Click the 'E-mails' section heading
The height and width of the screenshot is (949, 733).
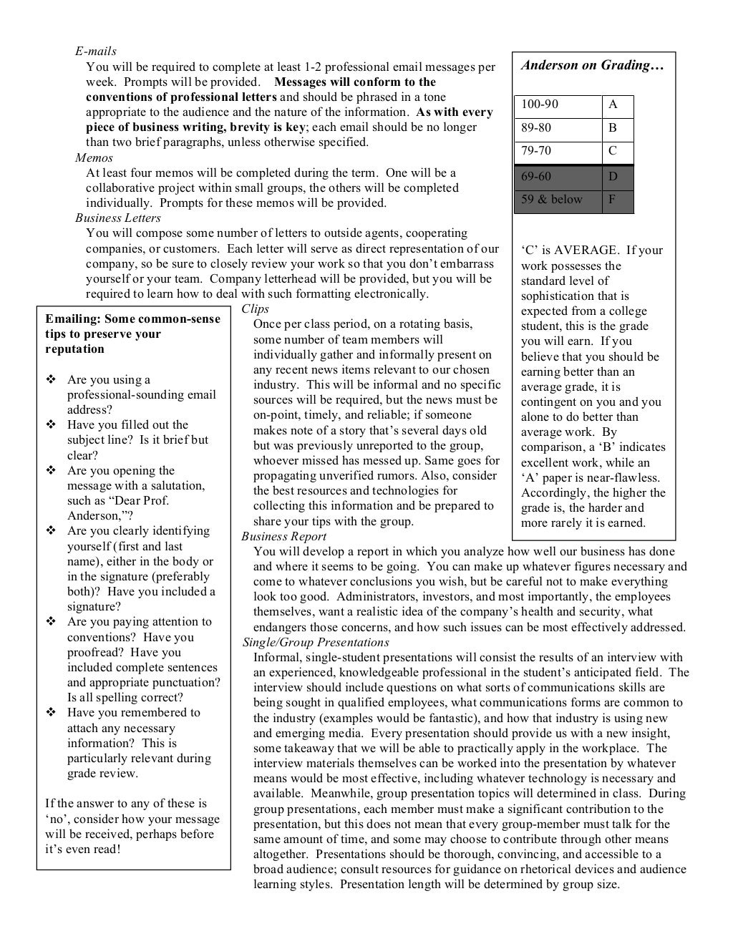coord(96,52)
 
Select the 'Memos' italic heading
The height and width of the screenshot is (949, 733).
coord(94,157)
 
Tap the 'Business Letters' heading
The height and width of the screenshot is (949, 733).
coord(118,218)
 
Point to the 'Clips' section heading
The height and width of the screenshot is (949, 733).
coord(256,308)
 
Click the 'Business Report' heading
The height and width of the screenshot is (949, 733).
coord(284,536)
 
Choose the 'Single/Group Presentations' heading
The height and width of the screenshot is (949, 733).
coord(316,642)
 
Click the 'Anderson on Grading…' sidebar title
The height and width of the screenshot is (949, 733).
coord(593,66)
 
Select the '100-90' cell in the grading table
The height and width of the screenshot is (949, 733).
coord(540,104)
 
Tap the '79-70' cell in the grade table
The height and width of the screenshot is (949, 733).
coord(536,151)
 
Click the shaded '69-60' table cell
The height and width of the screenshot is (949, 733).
coord(536,176)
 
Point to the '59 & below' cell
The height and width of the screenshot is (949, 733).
coord(552,200)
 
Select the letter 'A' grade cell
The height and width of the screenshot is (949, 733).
coord(613,104)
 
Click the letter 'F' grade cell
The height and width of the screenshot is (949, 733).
coord(612,200)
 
